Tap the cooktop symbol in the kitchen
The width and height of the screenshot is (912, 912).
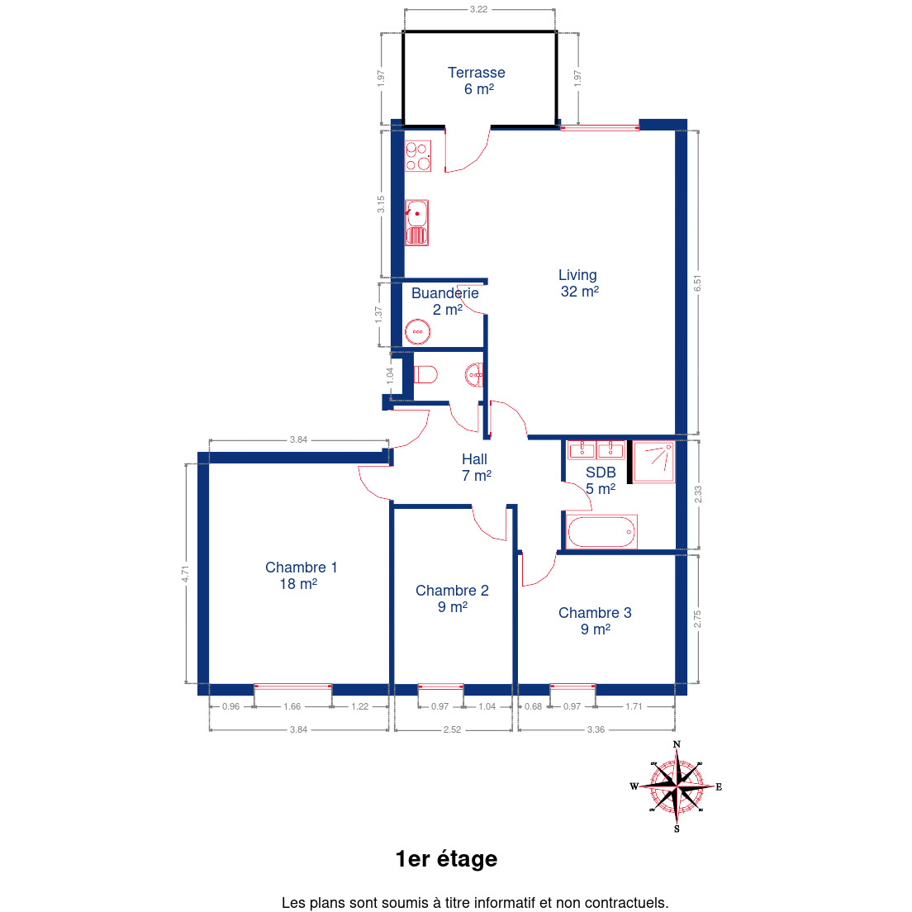[418, 156]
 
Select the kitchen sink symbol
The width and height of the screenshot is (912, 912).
[416, 223]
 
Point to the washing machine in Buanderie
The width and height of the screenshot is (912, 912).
[418, 332]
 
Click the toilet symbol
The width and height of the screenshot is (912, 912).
[425, 374]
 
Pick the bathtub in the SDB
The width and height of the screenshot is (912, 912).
[601, 532]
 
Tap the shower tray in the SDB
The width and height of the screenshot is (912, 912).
[653, 463]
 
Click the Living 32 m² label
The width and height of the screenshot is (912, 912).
[579, 283]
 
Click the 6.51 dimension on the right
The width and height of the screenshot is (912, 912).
[697, 283]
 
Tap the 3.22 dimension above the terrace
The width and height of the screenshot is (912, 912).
[478, 9]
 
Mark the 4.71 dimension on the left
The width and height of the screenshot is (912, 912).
[185, 574]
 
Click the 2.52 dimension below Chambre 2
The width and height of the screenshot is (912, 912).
[452, 729]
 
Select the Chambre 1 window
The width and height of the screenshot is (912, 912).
[292, 687]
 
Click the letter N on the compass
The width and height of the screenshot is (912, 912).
[677, 744]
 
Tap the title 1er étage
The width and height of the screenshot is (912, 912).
[446, 859]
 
